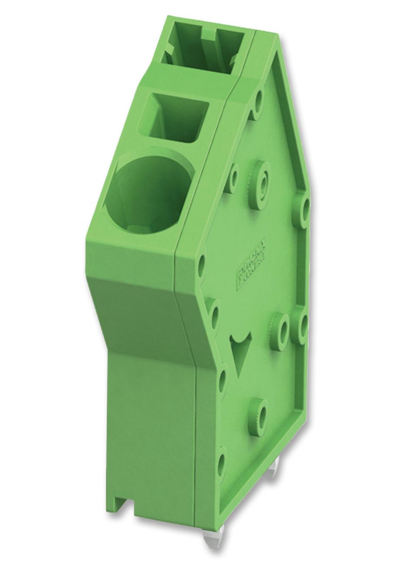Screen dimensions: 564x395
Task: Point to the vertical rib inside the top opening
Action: pyautogui.click(x=210, y=46)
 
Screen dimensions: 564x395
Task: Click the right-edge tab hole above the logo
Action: pyautogui.click(x=304, y=208)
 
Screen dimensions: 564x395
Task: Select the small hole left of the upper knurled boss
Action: pyautogui.click(x=233, y=177)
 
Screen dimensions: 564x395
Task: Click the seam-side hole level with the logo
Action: pyautogui.click(x=202, y=265)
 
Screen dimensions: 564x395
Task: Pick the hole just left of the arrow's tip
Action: pyautogui.click(x=222, y=378)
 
